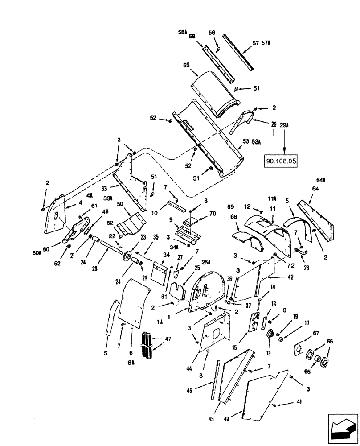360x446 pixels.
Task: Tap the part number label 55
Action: pos(186,65)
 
